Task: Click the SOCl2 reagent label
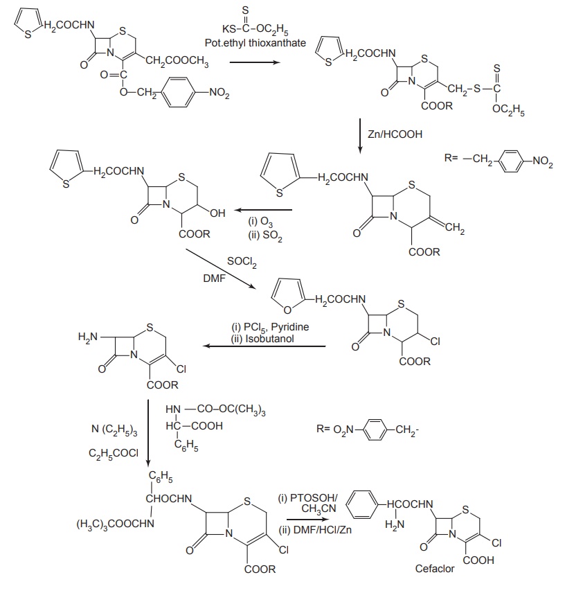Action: coord(242,262)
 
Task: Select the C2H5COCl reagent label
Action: coord(114,453)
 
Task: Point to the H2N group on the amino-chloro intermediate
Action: coord(89,337)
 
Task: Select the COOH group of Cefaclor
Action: coord(481,560)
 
